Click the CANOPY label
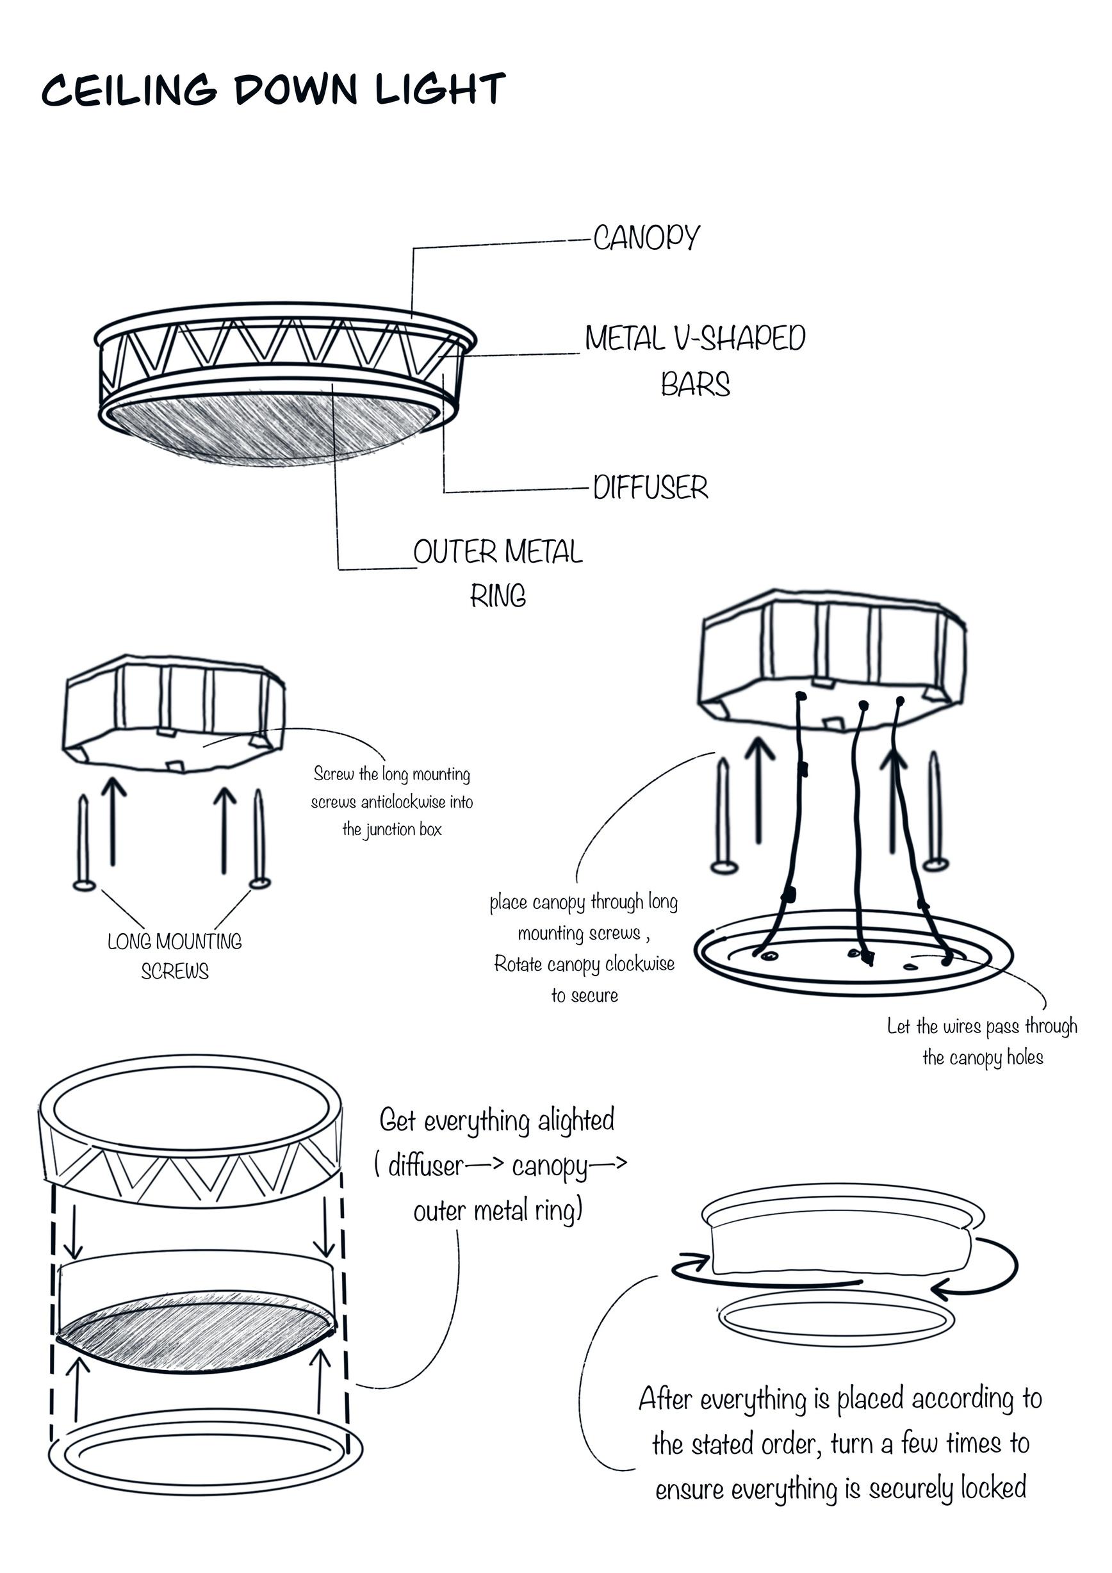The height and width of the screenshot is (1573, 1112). click(646, 238)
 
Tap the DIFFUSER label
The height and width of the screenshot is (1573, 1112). click(650, 488)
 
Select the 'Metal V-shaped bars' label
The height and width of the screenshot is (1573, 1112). click(695, 361)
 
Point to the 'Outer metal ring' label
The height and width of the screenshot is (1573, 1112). click(498, 573)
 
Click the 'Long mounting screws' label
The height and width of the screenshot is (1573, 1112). click(175, 955)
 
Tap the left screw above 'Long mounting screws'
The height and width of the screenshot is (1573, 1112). click(83, 844)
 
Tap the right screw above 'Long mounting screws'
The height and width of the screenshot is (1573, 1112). click(259, 840)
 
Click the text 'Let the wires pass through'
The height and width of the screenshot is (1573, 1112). click(981, 1026)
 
